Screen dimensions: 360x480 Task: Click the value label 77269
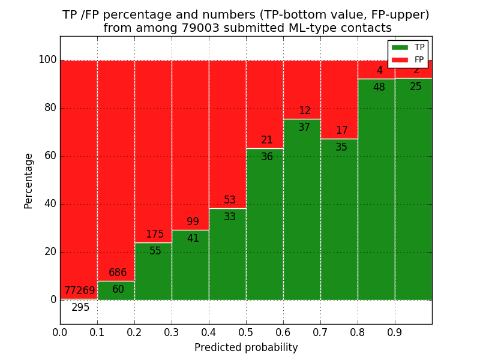[80, 291]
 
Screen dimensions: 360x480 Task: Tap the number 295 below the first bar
[80, 308]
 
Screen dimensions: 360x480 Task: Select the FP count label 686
[118, 273]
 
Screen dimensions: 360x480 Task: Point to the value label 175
[155, 235]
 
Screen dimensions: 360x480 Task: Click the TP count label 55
[155, 251]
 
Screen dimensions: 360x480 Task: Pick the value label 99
[193, 222]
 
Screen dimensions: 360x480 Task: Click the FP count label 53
[230, 200]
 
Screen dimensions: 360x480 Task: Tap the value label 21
[267, 140]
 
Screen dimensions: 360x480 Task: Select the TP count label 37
[304, 128]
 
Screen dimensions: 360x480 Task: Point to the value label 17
[341, 131]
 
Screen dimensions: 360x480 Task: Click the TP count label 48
[379, 88]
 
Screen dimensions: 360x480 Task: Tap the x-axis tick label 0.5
[246, 332]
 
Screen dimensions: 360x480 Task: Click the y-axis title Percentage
[29, 181]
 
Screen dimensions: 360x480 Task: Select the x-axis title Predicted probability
[246, 348]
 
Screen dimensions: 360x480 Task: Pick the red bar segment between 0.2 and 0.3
[153, 150]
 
